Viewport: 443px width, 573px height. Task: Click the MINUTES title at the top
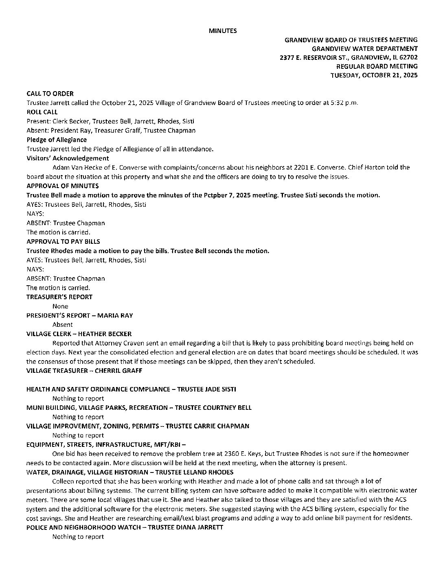pos(223,31)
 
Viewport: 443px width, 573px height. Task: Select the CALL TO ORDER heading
pos(50,94)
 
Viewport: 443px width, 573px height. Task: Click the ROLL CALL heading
pos(42,112)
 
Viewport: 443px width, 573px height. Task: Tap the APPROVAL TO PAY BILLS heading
pos(63,242)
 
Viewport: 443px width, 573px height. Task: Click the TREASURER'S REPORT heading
pos(59,297)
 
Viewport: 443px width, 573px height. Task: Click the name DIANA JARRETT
pos(202,527)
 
